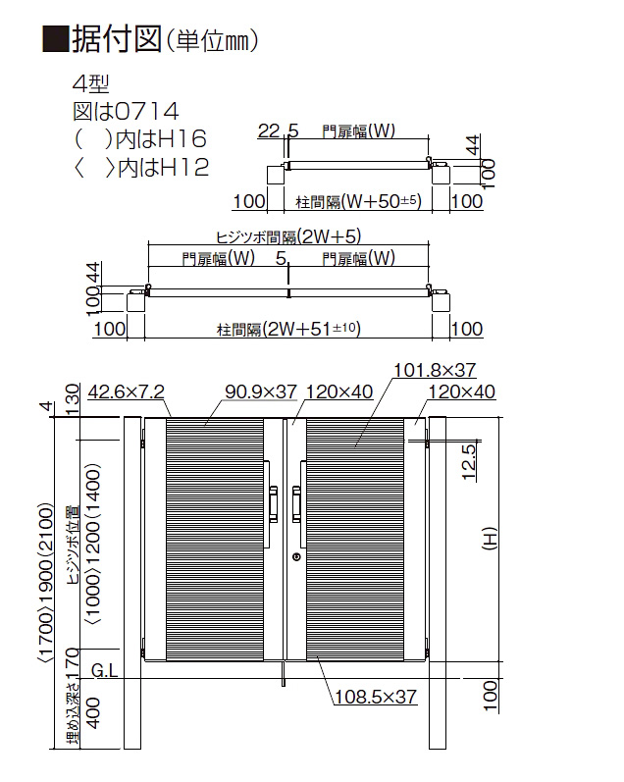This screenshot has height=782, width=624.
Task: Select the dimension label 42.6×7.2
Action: (127, 392)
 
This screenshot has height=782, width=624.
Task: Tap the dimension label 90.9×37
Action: (261, 392)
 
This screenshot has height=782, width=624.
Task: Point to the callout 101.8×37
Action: (435, 370)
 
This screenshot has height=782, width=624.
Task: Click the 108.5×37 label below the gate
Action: (376, 697)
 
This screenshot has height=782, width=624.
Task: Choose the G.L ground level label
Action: (105, 671)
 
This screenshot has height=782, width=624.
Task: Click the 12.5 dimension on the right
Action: (469, 462)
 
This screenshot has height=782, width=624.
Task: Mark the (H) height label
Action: (490, 539)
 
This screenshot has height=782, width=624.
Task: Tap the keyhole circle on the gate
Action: (296, 556)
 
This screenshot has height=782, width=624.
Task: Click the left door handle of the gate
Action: (273, 504)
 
